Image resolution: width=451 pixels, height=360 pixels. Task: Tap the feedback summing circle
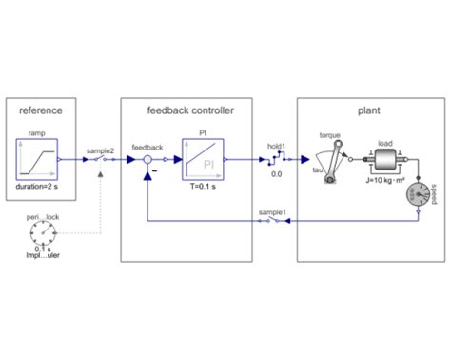pyautogui.click(x=147, y=160)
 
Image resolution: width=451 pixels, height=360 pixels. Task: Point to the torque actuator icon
pyautogui.click(x=330, y=159)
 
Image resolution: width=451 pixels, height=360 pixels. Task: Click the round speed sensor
pyautogui.click(x=419, y=196)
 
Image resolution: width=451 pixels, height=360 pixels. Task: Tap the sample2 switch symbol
pyautogui.click(x=99, y=160)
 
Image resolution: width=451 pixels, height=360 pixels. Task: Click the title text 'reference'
pyautogui.click(x=40, y=111)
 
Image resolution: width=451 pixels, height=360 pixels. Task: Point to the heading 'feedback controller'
pyautogui.click(x=186, y=111)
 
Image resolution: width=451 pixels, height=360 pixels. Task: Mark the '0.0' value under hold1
pyautogui.click(x=276, y=175)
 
